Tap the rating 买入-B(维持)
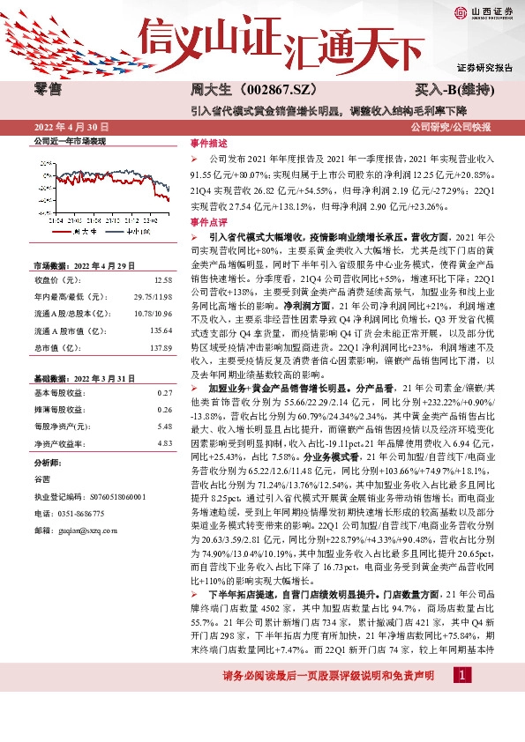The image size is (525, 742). point(454,90)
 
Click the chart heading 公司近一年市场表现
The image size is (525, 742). point(70,140)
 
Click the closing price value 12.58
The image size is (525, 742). point(162,279)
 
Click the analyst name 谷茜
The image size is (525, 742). point(42,479)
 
